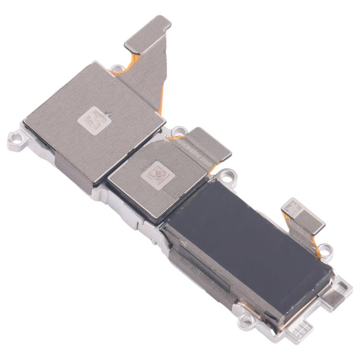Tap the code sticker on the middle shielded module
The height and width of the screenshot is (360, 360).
(x=156, y=174)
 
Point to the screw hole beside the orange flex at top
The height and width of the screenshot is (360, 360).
(x=116, y=69)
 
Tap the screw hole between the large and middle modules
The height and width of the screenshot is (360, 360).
(x=179, y=131)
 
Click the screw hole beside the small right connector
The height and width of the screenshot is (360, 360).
(x=325, y=249)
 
